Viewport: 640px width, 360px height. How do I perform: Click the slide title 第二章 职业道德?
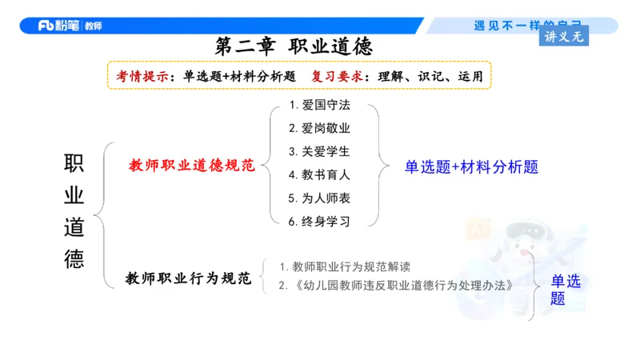pos(294,46)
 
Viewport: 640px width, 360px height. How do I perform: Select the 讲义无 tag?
pos(566,36)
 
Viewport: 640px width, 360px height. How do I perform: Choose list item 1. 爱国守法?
pos(320,106)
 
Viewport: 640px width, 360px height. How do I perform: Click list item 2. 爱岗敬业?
pos(320,128)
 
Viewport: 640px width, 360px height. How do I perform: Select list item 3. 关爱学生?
pos(320,151)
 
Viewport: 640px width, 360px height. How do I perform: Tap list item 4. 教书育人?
pos(320,174)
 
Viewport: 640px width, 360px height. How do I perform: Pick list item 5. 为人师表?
pos(320,198)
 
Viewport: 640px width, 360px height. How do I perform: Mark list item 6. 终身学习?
pos(320,221)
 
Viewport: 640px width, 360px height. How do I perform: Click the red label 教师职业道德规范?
pos(191,166)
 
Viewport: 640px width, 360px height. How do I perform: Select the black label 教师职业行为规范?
pos(188,278)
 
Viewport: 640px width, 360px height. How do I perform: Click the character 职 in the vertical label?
pos(74,164)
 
